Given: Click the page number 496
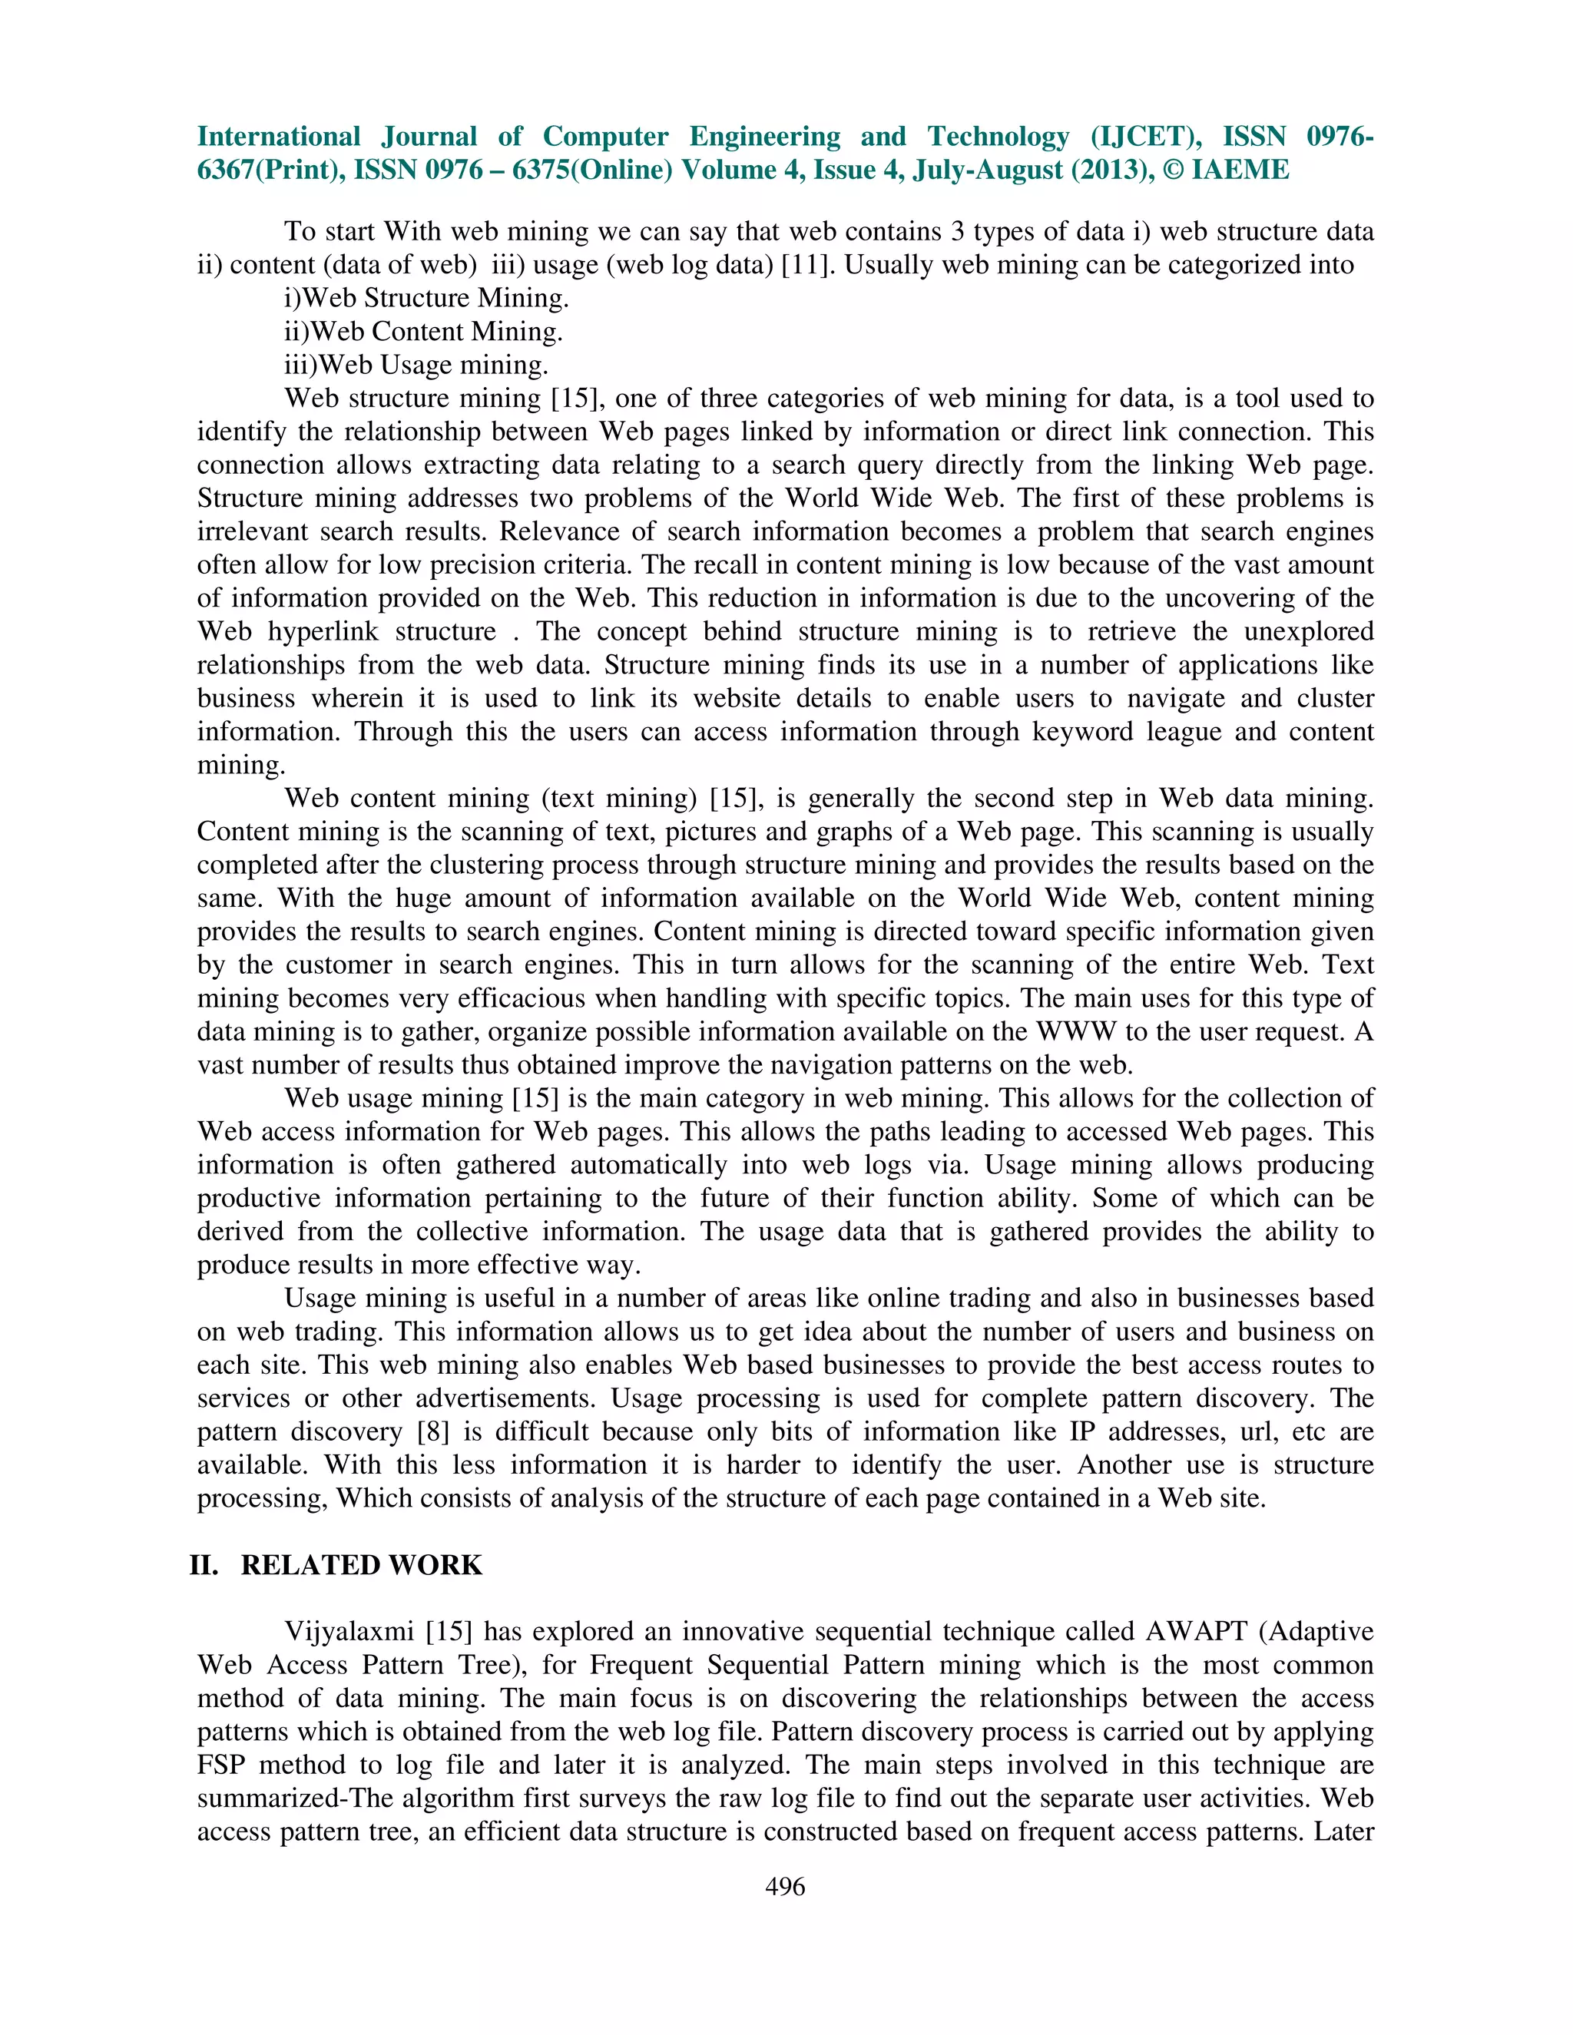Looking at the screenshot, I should pos(785,1887).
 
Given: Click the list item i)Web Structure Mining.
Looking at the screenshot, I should pos(426,298).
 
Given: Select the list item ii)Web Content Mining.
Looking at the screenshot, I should pos(423,332).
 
